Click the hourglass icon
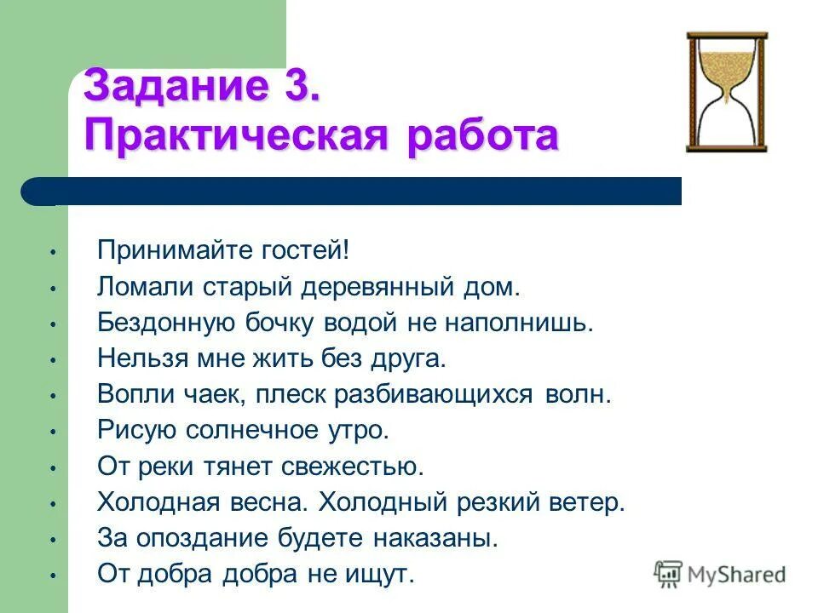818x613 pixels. coord(727,92)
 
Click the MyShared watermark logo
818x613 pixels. coord(720,575)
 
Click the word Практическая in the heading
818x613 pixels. coord(226,137)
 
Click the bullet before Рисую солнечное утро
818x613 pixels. coord(52,432)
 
